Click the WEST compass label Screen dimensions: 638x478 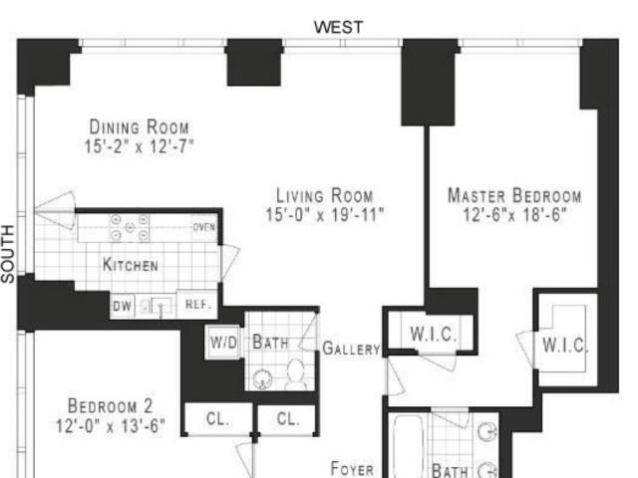point(338,27)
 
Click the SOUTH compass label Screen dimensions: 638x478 point(8,254)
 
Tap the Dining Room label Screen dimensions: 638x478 point(140,126)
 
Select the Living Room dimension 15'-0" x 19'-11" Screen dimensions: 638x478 point(324,215)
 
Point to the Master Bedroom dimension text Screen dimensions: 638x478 point(514,214)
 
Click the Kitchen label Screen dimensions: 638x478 point(131,265)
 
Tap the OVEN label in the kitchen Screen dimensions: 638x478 point(203,227)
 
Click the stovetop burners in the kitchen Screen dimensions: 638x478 point(130,227)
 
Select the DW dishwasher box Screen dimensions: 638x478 point(122,306)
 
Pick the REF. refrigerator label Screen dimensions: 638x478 point(198,304)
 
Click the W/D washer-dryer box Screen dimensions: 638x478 point(223,343)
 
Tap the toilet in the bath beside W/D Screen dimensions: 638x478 point(296,374)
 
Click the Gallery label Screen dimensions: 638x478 point(351,349)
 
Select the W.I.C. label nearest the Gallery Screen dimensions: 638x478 point(434,335)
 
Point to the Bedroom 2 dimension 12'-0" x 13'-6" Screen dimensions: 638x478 point(111,426)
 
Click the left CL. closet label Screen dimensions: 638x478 point(217,418)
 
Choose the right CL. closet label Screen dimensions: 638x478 point(288,418)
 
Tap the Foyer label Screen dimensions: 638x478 point(352,469)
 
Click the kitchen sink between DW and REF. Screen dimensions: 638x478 point(159,306)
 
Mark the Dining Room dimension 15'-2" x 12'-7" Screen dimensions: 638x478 point(139,146)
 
